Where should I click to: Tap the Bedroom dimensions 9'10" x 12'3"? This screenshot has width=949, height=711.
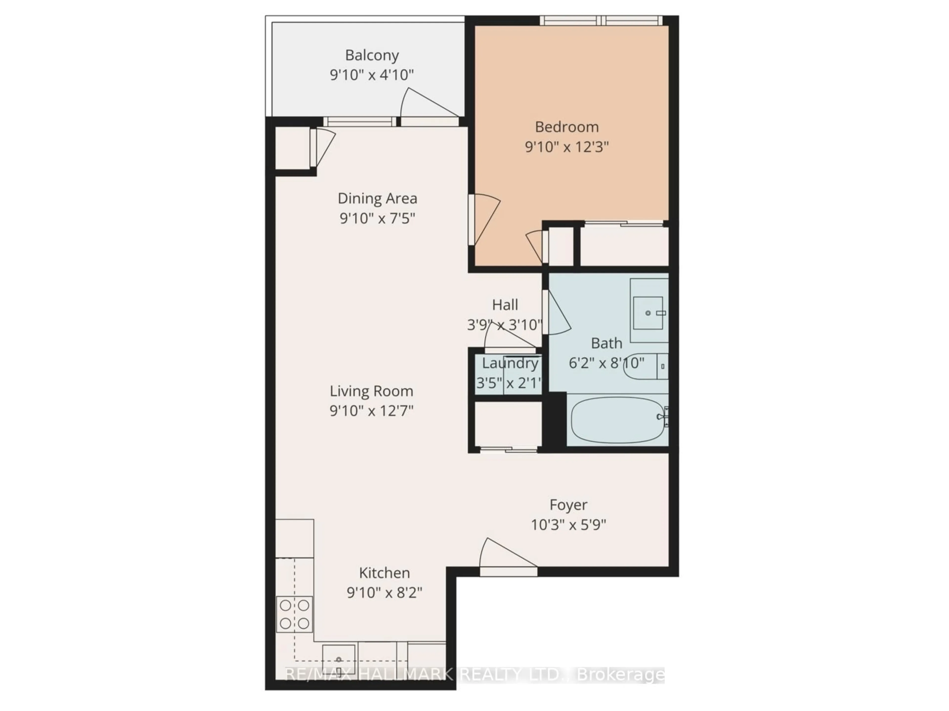coord(567,147)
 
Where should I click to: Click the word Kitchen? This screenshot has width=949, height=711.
coord(384,573)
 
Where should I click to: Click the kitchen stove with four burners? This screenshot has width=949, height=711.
coord(294,614)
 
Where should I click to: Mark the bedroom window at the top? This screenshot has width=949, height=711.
coord(601,20)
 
